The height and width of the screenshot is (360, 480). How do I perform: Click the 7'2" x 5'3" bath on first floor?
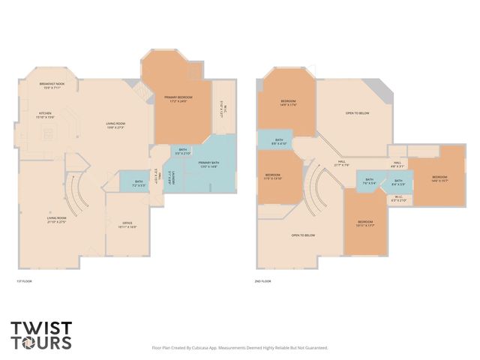point(139,182)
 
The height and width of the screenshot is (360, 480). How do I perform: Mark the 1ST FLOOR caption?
point(25,281)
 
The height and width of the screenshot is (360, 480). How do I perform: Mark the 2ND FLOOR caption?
point(263,281)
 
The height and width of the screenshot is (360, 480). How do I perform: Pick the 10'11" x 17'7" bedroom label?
point(365,223)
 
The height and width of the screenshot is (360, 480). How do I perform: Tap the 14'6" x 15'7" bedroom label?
point(439,179)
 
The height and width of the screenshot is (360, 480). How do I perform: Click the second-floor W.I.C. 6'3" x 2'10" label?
point(399,199)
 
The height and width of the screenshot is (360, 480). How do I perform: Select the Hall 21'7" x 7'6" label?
point(341,163)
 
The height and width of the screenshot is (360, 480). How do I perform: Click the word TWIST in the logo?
point(41,328)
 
